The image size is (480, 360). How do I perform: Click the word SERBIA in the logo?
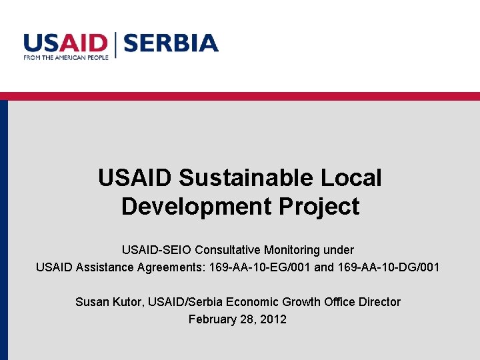click(171, 43)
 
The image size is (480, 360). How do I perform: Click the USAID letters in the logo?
click(65, 43)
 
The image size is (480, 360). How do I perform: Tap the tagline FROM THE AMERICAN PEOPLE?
click(65, 58)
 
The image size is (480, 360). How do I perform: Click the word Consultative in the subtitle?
click(228, 250)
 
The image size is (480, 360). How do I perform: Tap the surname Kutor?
click(127, 302)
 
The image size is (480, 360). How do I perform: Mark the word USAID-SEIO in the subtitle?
click(157, 250)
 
